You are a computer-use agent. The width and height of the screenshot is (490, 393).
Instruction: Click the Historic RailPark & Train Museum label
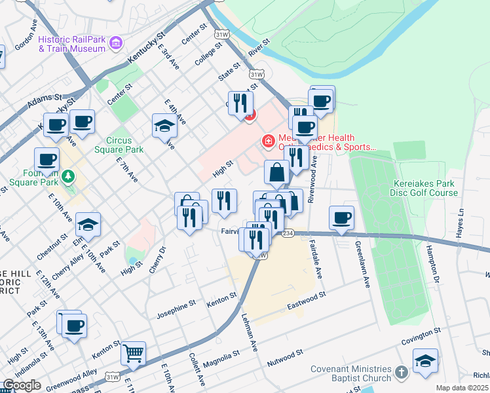[x=72, y=44]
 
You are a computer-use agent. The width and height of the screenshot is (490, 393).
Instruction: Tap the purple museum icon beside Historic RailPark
[x=117, y=44]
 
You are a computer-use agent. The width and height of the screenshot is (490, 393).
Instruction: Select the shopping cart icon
[x=134, y=353]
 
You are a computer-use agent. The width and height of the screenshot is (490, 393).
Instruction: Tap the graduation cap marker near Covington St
[x=425, y=361]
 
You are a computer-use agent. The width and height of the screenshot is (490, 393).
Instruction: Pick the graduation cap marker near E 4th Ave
[x=165, y=126]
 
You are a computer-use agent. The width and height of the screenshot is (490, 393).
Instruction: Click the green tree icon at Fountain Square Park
[x=67, y=176]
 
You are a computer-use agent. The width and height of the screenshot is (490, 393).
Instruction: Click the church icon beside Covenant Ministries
[x=402, y=372]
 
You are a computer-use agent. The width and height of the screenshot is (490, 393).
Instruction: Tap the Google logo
[x=22, y=385]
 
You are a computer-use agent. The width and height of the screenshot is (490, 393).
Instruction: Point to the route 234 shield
[x=287, y=233]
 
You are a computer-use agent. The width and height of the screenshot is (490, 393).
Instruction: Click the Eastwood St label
[x=306, y=302]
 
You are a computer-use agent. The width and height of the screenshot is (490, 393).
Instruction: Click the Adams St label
[x=45, y=101]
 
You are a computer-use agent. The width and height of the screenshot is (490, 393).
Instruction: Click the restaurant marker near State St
[x=240, y=103]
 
